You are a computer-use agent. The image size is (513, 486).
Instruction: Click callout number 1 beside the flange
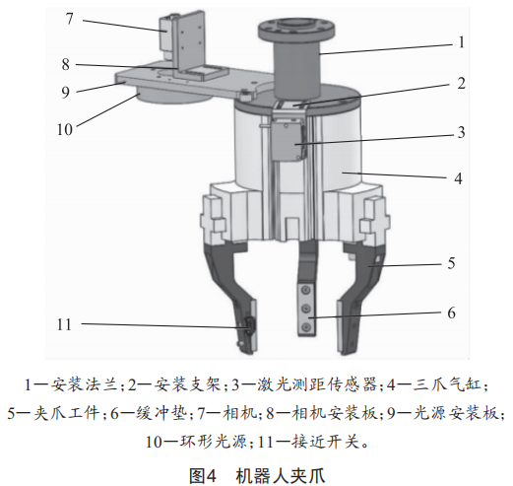point(462,42)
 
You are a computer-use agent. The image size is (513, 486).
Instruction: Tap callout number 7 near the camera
point(69,19)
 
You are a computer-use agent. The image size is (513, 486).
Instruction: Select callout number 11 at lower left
point(64,324)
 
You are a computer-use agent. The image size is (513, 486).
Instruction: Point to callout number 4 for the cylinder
point(458,178)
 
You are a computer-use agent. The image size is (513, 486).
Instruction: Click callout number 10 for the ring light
point(64,129)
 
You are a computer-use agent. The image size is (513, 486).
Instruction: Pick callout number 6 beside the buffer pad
point(452,312)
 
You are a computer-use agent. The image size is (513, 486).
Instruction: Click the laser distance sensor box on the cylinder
point(286,141)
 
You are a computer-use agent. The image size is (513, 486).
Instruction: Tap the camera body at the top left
point(166,37)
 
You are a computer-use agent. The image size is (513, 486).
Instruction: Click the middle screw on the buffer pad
point(306,309)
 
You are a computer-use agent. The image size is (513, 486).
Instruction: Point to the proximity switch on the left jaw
point(250,326)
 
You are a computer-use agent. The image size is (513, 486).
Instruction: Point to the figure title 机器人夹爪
point(281,475)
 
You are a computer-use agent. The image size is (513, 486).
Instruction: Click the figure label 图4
point(203,475)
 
